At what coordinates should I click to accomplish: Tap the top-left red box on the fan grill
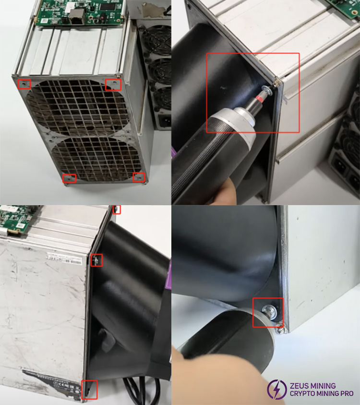click(x=24, y=84)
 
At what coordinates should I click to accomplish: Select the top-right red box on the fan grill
click(x=113, y=84)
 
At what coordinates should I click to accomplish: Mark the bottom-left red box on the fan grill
click(x=70, y=178)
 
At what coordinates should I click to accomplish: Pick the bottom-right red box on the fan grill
click(x=139, y=177)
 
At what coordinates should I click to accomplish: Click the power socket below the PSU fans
click(x=165, y=120)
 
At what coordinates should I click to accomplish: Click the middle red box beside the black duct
click(x=96, y=260)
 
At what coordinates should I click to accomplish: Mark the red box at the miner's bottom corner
click(x=89, y=389)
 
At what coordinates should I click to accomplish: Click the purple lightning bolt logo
click(x=277, y=389)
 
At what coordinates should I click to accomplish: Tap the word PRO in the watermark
click(x=346, y=394)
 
